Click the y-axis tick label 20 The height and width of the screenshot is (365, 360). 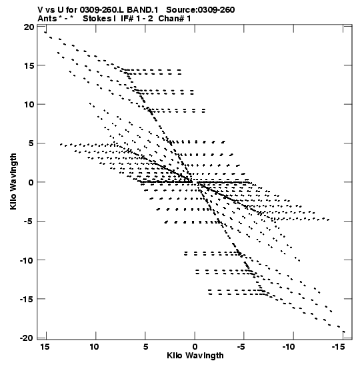pyautogui.click(x=29, y=27)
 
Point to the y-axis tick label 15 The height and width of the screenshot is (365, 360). pyautogui.click(x=29, y=65)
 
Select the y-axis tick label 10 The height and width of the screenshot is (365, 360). pyautogui.click(x=29, y=105)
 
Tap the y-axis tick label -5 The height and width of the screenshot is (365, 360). pyautogui.click(x=29, y=221)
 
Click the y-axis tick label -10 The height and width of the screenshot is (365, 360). pyautogui.click(x=27, y=260)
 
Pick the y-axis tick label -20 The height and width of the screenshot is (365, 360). pyautogui.click(x=27, y=338)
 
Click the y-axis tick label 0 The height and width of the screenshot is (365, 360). pyautogui.click(x=31, y=182)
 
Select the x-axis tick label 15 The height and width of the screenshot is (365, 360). pyautogui.click(x=45, y=347)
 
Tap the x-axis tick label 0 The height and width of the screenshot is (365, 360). pyautogui.click(x=195, y=347)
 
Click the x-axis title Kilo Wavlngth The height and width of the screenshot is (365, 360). pyautogui.click(x=195, y=356)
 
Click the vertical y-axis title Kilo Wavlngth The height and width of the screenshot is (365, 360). pyautogui.click(x=13, y=181)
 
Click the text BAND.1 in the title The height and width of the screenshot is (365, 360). pyautogui.click(x=143, y=10)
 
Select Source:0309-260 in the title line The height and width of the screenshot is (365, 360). pyautogui.click(x=200, y=10)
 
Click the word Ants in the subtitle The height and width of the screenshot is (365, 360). pyautogui.click(x=47, y=19)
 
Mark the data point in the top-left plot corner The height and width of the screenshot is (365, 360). pyautogui.click(x=45, y=32)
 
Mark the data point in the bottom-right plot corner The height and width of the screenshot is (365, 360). pyautogui.click(x=344, y=332)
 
